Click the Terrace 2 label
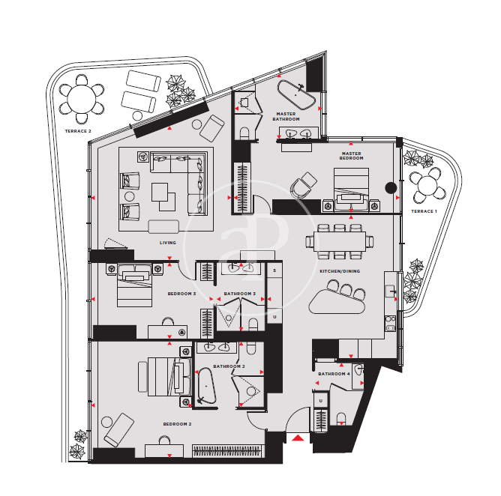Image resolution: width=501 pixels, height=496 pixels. pyautogui.click(x=78, y=131)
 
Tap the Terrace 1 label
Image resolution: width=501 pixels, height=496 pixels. pyautogui.click(x=424, y=211)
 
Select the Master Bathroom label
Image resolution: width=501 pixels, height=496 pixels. pyautogui.click(x=286, y=116)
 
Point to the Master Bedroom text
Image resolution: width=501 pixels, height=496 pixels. pyautogui.click(x=351, y=156)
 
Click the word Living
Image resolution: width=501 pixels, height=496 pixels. pyautogui.click(x=168, y=243)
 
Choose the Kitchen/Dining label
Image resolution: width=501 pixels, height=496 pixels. pyautogui.click(x=340, y=271)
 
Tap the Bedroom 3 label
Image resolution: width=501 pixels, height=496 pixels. pyautogui.click(x=181, y=294)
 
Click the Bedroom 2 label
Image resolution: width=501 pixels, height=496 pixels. pyautogui.click(x=177, y=424)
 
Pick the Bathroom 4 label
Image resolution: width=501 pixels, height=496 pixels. pyautogui.click(x=334, y=374)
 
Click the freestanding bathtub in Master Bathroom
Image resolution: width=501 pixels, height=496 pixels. pyautogui.click(x=296, y=95)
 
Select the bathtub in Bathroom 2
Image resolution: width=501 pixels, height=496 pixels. pyautogui.click(x=206, y=386)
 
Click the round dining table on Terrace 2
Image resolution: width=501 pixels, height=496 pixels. pyautogui.click(x=82, y=99)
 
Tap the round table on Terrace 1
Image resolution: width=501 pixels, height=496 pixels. pyautogui.click(x=427, y=187)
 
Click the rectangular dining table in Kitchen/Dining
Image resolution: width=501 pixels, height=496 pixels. pyautogui.click(x=339, y=241)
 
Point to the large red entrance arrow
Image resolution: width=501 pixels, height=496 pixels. pyautogui.click(x=298, y=438)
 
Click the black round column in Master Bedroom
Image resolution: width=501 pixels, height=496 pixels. pyautogui.click(x=391, y=188)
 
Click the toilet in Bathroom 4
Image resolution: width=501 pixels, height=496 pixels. pyautogui.click(x=341, y=419)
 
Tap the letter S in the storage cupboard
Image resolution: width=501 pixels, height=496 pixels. pyautogui.click(x=274, y=270)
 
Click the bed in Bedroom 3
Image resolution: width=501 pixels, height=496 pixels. pyautogui.click(x=134, y=285)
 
